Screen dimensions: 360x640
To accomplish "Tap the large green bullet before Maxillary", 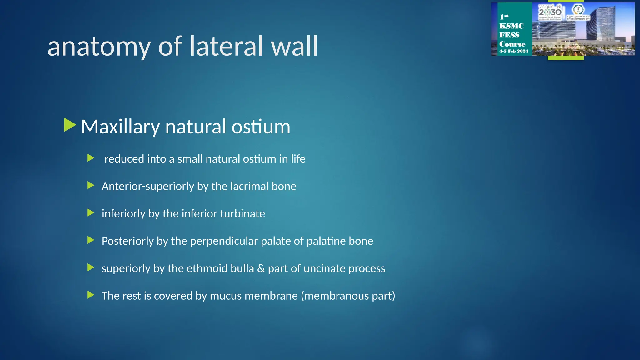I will (x=70, y=125).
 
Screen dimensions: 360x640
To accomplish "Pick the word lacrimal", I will (x=249, y=186).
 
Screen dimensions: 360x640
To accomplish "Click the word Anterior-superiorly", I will (x=148, y=187).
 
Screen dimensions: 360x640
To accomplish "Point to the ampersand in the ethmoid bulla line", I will (x=261, y=268).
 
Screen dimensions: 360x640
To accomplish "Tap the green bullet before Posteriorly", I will (x=91, y=240).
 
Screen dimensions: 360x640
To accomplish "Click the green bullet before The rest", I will (x=91, y=295).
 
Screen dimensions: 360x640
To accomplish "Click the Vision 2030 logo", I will (x=550, y=12).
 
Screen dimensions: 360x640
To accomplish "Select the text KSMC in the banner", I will (x=511, y=26).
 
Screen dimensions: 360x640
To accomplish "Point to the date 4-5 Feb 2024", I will (x=513, y=51).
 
